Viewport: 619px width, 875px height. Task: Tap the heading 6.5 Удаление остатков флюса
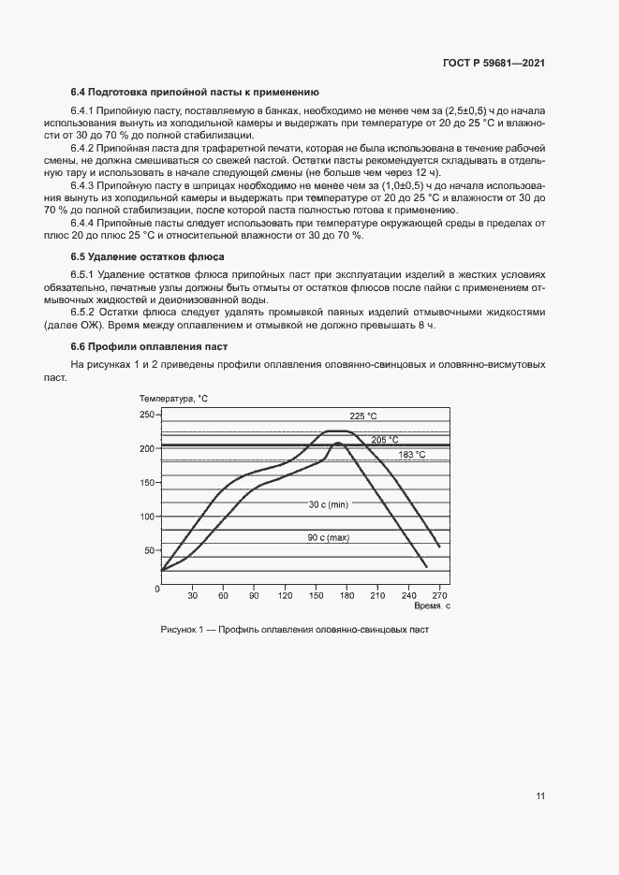[147, 256]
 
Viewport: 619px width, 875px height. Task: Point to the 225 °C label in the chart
[363, 416]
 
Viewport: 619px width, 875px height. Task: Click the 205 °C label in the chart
[384, 439]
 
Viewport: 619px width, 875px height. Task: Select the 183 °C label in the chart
[412, 455]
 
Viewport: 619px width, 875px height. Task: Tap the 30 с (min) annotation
[328, 504]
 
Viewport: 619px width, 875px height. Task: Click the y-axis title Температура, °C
[173, 399]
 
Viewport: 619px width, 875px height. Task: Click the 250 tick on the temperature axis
[147, 415]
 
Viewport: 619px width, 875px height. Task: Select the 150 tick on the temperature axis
[147, 483]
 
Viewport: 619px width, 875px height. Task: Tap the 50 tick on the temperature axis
[150, 550]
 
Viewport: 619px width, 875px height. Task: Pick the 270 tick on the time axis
[439, 595]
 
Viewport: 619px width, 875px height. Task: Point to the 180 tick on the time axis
[346, 595]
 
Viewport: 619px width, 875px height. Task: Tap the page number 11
[540, 796]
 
